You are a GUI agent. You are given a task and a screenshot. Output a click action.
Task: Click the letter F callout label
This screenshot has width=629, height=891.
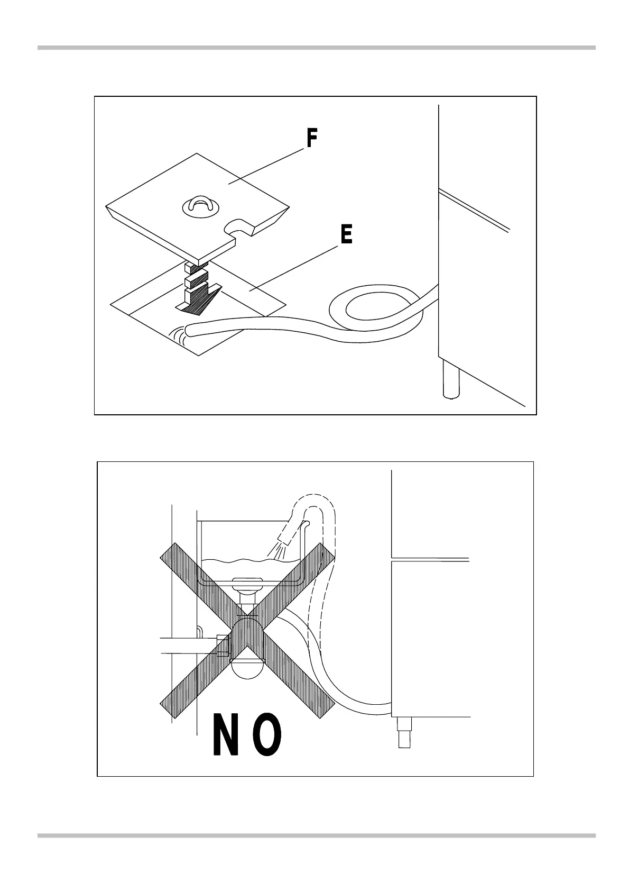tap(312, 139)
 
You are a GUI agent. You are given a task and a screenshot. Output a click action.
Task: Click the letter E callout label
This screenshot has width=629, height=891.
tap(346, 234)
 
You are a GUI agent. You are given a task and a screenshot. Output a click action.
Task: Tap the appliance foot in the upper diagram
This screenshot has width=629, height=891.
tap(450, 380)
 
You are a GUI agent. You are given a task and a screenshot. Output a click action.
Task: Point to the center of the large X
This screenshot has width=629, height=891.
tap(248, 625)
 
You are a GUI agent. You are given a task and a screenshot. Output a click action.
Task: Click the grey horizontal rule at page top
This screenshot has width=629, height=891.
tap(316, 48)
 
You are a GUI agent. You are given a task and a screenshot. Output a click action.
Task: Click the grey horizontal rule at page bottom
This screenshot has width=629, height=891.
tap(316, 835)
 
